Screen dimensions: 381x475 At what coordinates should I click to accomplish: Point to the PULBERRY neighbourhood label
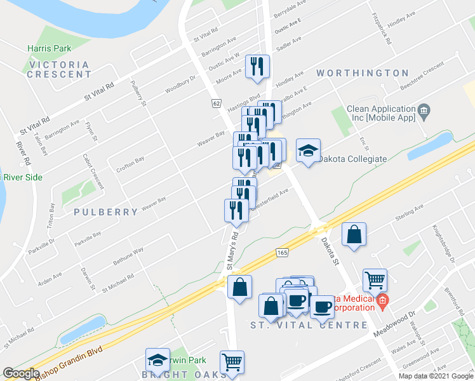[105, 211]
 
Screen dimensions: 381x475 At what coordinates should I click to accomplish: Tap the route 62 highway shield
[216, 103]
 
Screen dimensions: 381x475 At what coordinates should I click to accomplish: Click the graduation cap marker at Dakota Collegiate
[308, 151]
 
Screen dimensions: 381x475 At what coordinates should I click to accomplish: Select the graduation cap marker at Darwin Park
[157, 359]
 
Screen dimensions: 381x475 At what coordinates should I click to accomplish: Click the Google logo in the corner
[21, 373]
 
